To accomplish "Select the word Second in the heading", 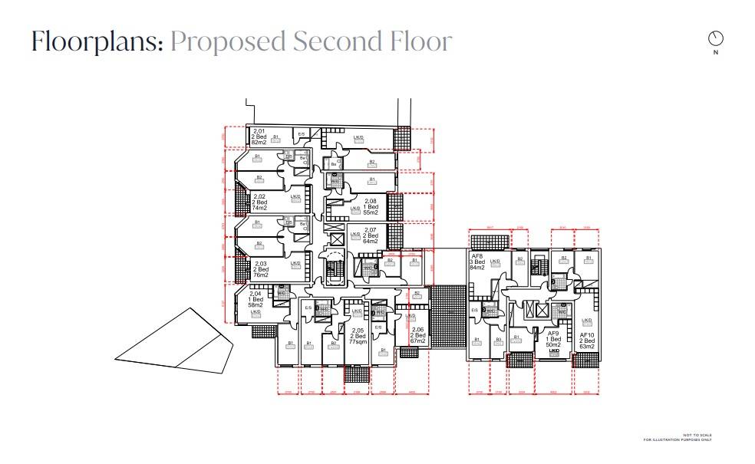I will pyautogui.click(x=335, y=41).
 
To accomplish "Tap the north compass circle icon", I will pyautogui.click(x=716, y=38).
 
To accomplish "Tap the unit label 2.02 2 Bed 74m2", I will pyautogui.click(x=260, y=202).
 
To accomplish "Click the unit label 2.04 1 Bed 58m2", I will pyautogui.click(x=256, y=299).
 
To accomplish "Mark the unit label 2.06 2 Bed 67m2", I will pyautogui.click(x=417, y=335).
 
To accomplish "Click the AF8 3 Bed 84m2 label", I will pyautogui.click(x=478, y=262).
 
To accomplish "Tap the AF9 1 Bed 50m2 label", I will pyautogui.click(x=553, y=340).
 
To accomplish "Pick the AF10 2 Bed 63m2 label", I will pyautogui.click(x=587, y=340).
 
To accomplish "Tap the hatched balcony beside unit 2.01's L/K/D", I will pyautogui.click(x=402, y=139).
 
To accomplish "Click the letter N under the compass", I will pyautogui.click(x=716, y=53).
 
